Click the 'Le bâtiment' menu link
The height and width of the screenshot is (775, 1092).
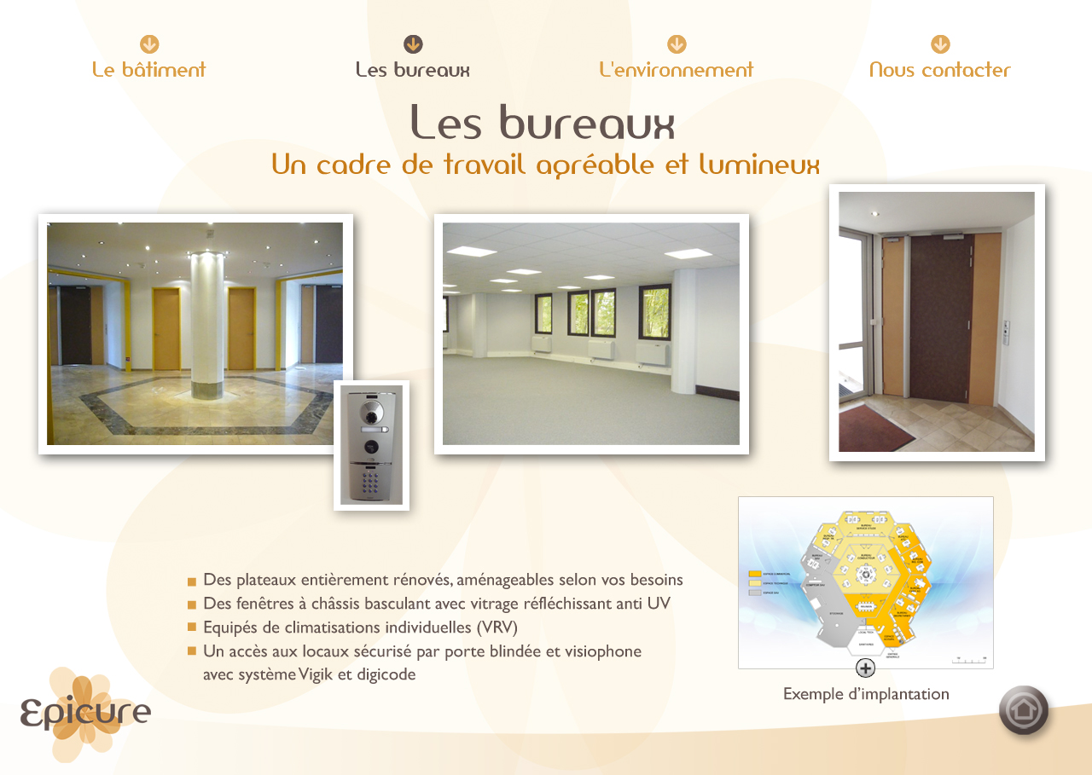pyautogui.click(x=149, y=70)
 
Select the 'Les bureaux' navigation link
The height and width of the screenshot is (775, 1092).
pyautogui.click(x=413, y=70)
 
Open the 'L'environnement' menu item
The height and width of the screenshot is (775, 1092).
pyautogui.click(x=677, y=70)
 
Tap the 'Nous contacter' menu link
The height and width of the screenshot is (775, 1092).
pyautogui.click(x=940, y=70)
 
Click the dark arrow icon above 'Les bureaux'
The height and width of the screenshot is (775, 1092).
pyautogui.click(x=413, y=44)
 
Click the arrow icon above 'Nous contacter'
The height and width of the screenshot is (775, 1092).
pyautogui.click(x=940, y=44)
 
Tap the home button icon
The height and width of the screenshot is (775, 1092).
pyautogui.click(x=1024, y=710)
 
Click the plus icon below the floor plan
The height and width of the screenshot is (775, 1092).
pyautogui.click(x=865, y=668)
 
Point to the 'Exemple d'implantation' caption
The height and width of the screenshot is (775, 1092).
pyautogui.click(x=866, y=694)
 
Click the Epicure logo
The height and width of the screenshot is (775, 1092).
pyautogui.click(x=85, y=714)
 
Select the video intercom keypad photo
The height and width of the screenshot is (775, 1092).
pyautogui.click(x=371, y=445)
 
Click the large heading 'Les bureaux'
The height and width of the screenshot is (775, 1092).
pyautogui.click(x=543, y=124)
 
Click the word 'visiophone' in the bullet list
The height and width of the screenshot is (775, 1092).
pyautogui.click(x=605, y=651)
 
